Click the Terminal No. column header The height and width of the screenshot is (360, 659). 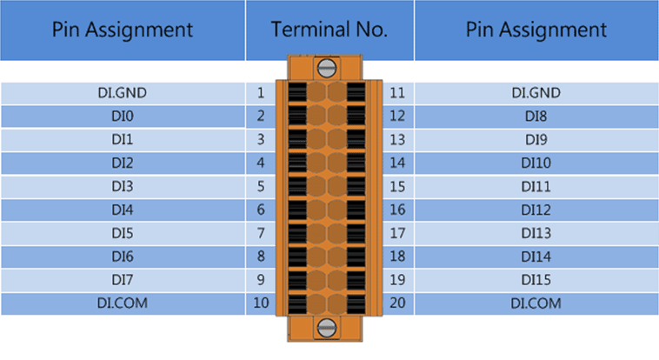(329, 30)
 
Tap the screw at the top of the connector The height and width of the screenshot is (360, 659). (327, 68)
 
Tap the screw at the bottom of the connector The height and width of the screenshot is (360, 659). (327, 328)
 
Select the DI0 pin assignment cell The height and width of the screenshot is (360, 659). (123, 116)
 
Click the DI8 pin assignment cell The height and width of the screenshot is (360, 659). (536, 116)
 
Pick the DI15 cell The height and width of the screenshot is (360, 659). (536, 280)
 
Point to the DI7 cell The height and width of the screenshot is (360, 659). (123, 280)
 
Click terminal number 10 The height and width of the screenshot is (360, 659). (261, 303)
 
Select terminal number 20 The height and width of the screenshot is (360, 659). (397, 303)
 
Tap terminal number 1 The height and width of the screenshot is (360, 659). (261, 93)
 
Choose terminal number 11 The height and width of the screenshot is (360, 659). (397, 93)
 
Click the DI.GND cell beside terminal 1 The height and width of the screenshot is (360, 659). (123, 93)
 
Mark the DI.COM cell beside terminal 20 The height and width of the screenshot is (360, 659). (536, 303)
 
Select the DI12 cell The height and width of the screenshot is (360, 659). (536, 210)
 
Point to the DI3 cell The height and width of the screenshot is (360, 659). (123, 186)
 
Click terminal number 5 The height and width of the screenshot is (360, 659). (261, 186)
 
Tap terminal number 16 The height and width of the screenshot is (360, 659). (397, 210)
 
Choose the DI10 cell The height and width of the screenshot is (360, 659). (536, 163)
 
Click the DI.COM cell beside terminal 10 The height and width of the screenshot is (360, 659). (123, 303)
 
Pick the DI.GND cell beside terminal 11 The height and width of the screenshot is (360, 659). (536, 93)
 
